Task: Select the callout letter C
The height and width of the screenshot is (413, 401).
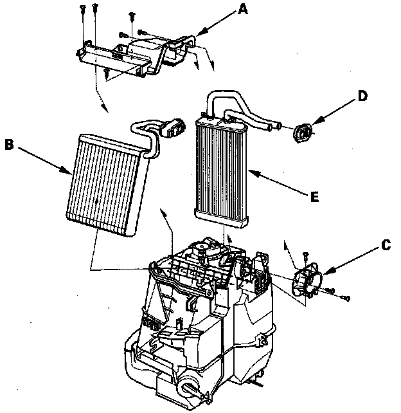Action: pyautogui.click(x=385, y=244)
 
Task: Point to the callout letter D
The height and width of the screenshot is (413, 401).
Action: pyautogui.click(x=362, y=96)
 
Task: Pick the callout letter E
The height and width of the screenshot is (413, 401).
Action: pyautogui.click(x=314, y=197)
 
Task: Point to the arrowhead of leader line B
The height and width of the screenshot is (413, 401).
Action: pyautogui.click(x=71, y=172)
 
